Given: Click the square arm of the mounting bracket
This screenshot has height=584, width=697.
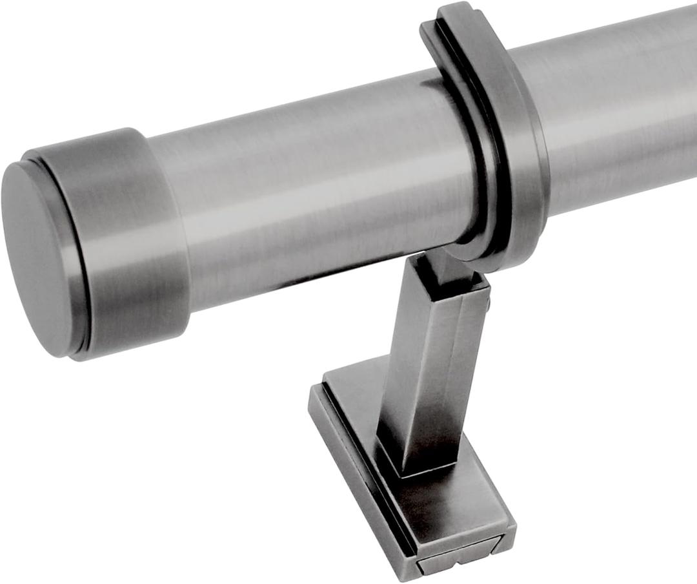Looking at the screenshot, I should pyautogui.click(x=426, y=362).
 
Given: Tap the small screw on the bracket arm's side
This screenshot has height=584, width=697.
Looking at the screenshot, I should pyautogui.click(x=489, y=301).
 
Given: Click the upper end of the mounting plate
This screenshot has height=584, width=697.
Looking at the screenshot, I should pyautogui.click(x=348, y=378).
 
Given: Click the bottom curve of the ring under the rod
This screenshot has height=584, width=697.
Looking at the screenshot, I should pyautogui.click(x=490, y=255).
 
